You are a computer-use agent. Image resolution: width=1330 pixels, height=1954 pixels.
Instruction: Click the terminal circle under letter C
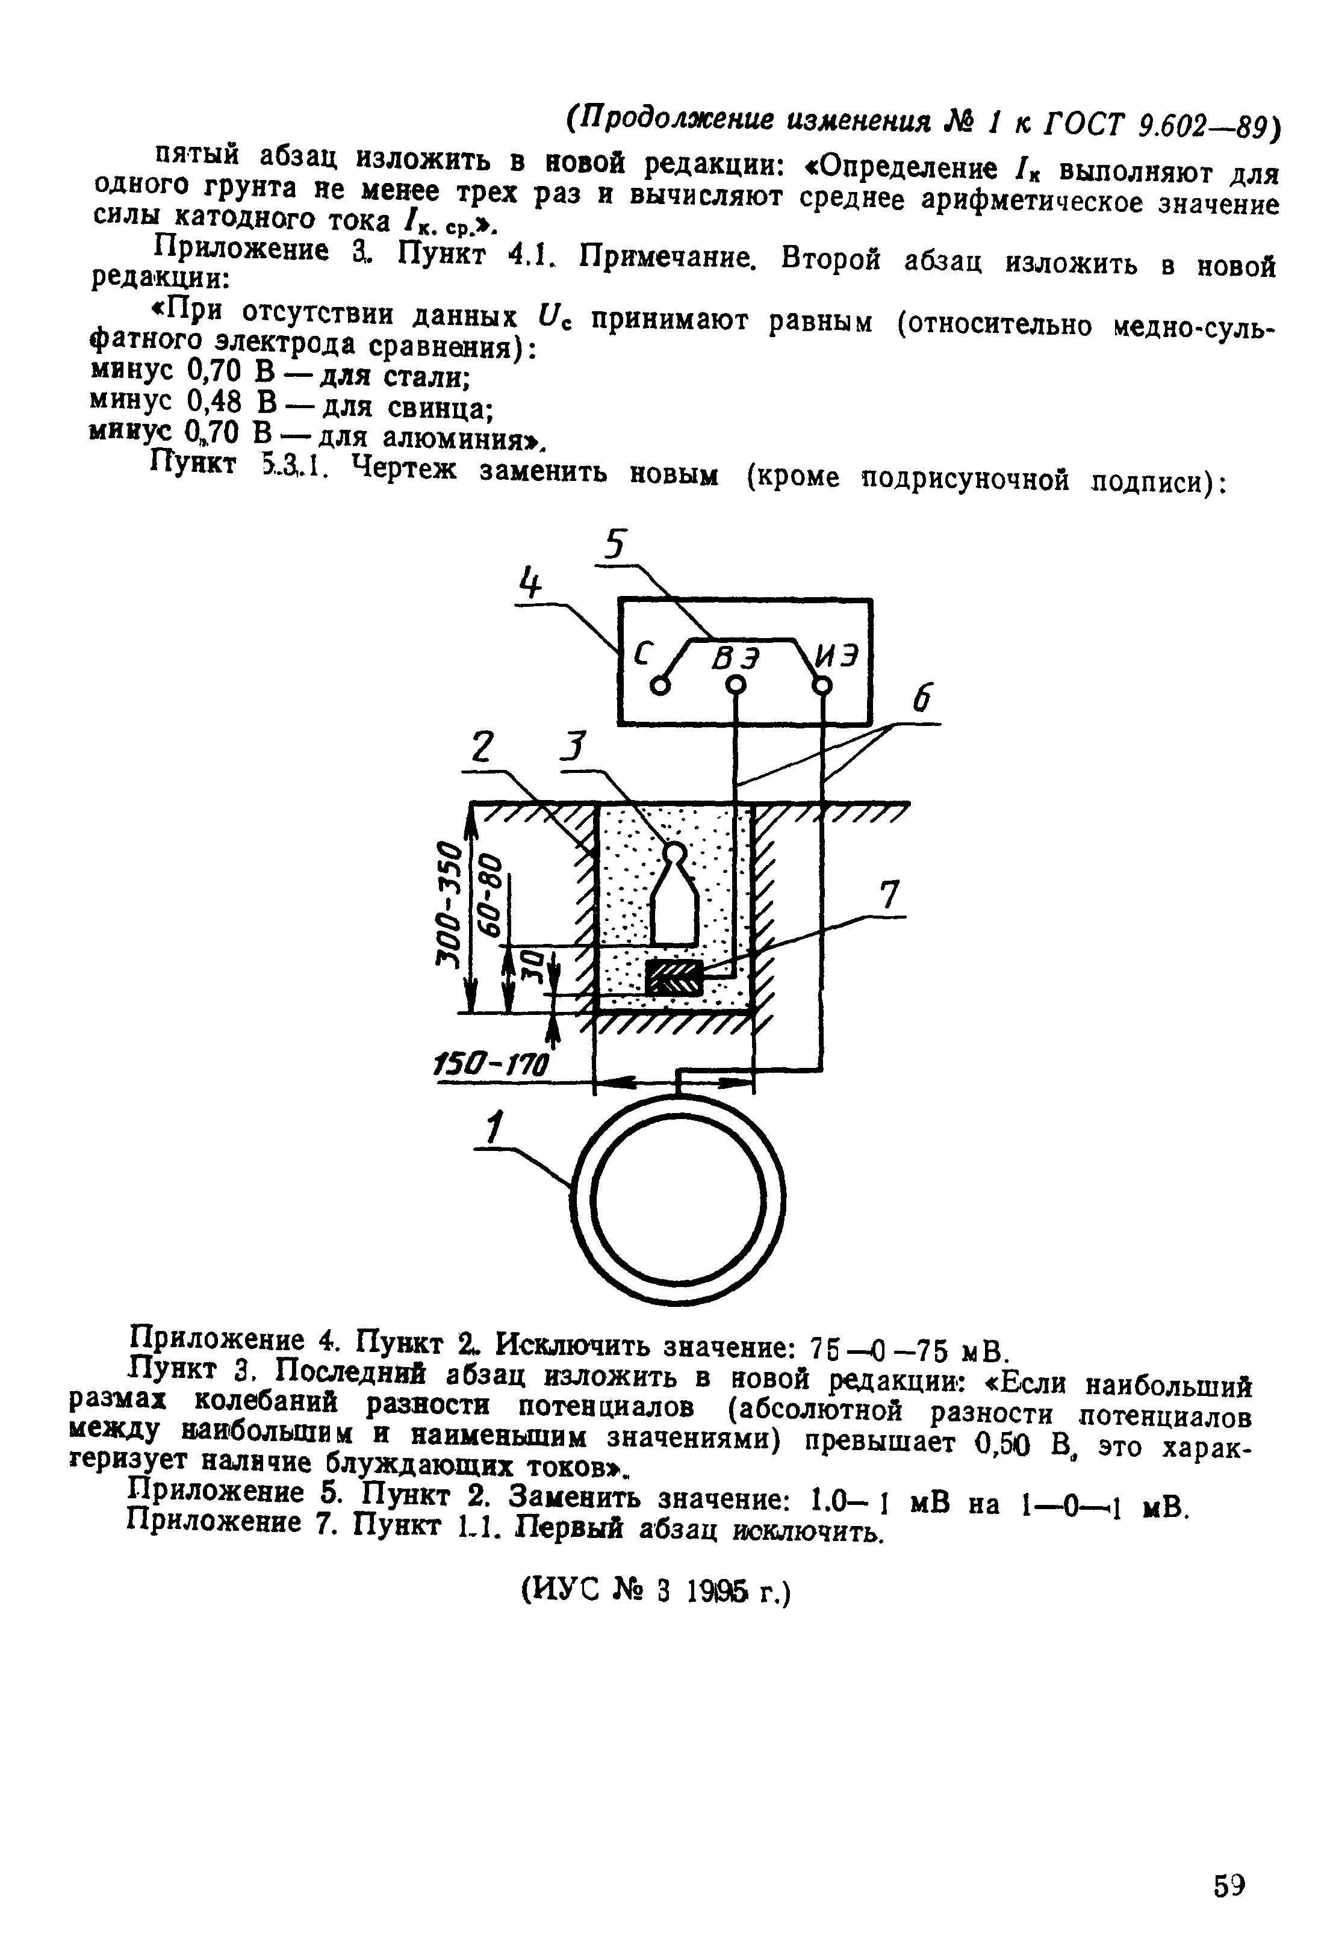(x=662, y=686)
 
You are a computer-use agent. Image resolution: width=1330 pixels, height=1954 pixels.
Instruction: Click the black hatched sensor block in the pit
(x=673, y=977)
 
